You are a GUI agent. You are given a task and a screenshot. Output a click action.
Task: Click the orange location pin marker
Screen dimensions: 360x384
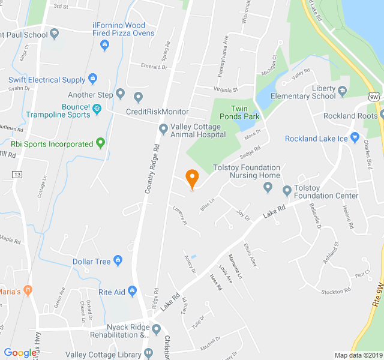pyautogui.click(x=192, y=178)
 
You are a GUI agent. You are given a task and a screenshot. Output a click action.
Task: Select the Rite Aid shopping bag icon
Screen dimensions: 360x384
pyautogui.click(x=133, y=292)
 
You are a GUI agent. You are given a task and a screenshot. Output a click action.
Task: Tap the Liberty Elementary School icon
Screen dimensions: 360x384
pyautogui.click(x=343, y=91)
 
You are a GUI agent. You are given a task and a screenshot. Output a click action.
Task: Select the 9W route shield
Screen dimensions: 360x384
pyautogui.click(x=374, y=96)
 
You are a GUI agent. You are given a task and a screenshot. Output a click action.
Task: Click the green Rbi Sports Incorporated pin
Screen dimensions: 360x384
pyautogui.click(x=100, y=143)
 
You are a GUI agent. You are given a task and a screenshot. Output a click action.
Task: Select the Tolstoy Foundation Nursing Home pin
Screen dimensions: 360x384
pyautogui.click(x=268, y=188)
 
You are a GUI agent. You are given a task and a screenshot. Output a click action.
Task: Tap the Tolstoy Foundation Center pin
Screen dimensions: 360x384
pyautogui.click(x=287, y=191)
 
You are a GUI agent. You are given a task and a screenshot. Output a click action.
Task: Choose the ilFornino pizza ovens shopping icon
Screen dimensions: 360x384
pyautogui.click(x=105, y=44)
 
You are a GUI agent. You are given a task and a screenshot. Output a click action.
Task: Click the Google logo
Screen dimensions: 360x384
pyautogui.click(x=20, y=353)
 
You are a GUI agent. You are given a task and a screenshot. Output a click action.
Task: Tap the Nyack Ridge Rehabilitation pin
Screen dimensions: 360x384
pyautogui.click(x=156, y=329)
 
